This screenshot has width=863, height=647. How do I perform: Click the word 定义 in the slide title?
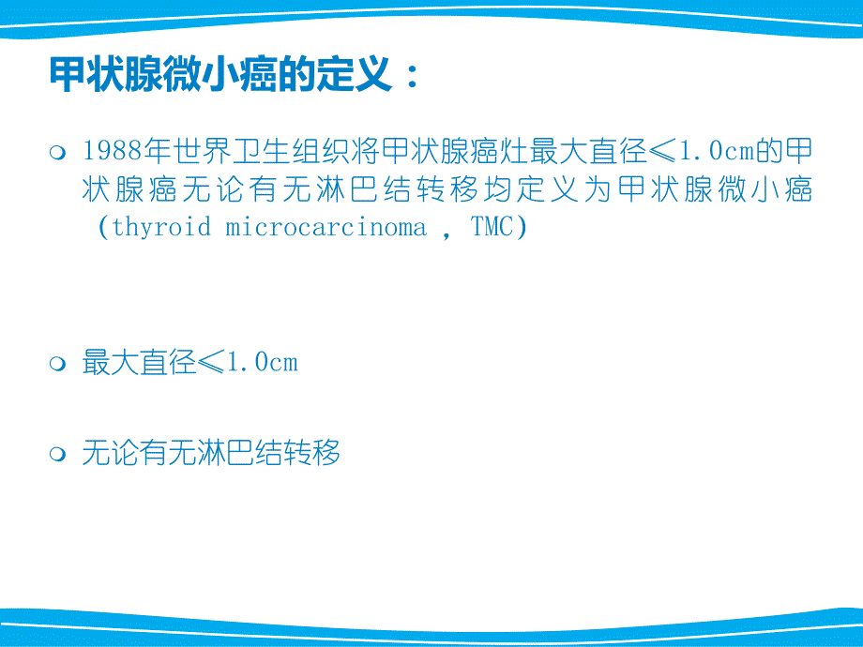pyautogui.click(x=356, y=76)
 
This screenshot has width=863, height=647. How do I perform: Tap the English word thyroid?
pyautogui.click(x=162, y=228)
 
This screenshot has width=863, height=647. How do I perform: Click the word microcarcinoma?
pyautogui.click(x=326, y=228)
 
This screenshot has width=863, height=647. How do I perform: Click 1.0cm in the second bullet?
pyautogui.click(x=263, y=363)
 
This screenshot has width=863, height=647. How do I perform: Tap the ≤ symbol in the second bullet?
pyautogui.click(x=212, y=363)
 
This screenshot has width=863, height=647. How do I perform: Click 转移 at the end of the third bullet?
pyautogui.click(x=312, y=455)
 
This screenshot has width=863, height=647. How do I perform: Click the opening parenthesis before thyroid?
pyautogui.click(x=103, y=228)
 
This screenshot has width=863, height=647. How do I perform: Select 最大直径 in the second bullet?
pyautogui.click(x=140, y=363)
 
